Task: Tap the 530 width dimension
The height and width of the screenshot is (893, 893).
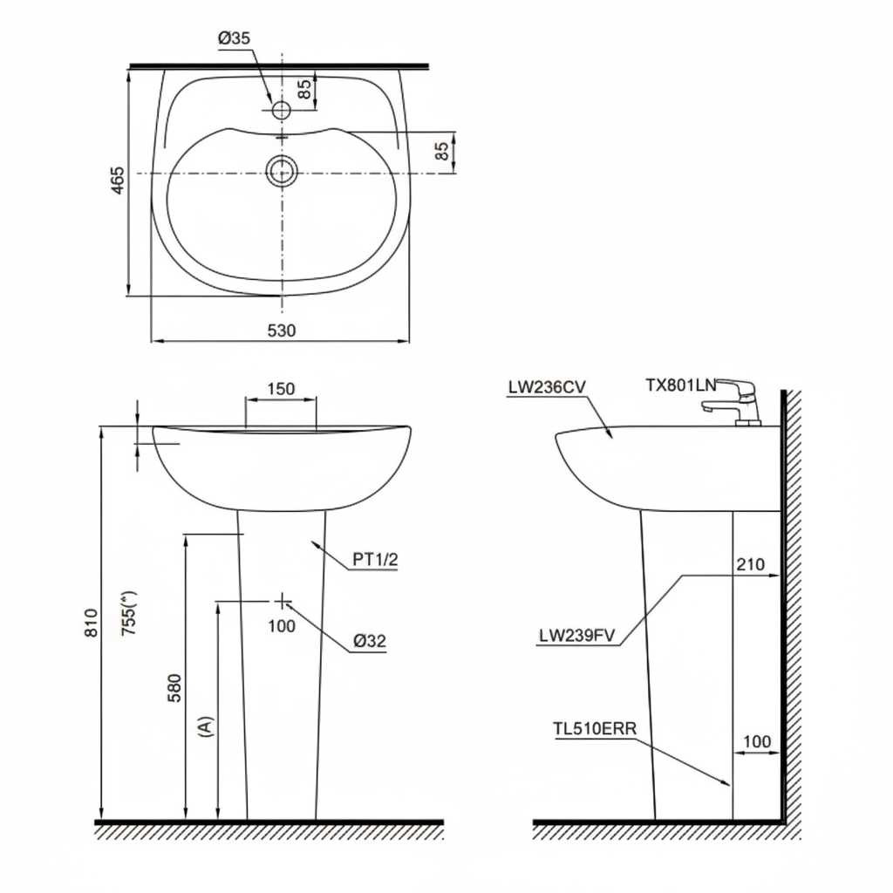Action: tap(282, 331)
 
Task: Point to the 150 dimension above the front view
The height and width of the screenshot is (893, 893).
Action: tap(280, 389)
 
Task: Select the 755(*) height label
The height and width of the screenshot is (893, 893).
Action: tap(129, 614)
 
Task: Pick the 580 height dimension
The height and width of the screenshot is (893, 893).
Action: tap(174, 687)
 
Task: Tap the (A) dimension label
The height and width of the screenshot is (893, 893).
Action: tap(206, 726)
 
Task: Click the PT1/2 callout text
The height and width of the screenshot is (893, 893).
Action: tap(375, 561)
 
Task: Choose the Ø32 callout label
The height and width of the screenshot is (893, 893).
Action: tap(370, 641)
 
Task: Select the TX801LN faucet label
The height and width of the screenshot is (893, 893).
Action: tap(680, 385)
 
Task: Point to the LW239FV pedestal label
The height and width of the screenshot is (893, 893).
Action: tap(577, 636)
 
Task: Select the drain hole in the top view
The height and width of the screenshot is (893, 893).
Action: tap(283, 171)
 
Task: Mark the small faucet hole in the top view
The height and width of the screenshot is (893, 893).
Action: tap(282, 110)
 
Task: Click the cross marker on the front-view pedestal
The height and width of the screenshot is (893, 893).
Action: tap(283, 600)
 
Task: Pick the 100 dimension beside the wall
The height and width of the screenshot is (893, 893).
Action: tap(756, 741)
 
